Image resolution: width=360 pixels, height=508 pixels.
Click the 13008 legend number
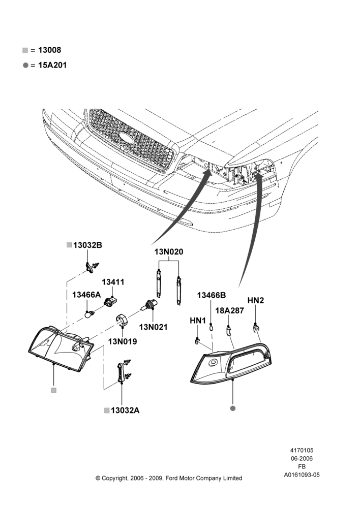point(50,50)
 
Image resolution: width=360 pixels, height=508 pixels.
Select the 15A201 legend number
point(52,65)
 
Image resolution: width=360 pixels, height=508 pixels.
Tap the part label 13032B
point(87,245)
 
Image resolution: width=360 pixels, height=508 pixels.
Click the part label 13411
point(113,282)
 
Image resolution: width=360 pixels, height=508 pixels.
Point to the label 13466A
point(86,295)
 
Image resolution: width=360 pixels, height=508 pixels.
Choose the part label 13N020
point(169,252)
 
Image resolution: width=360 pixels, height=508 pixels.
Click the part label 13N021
point(154,327)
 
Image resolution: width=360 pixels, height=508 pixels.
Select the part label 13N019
point(123,341)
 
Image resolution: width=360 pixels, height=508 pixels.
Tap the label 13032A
point(125,410)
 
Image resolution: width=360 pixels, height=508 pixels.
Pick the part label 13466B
point(212,295)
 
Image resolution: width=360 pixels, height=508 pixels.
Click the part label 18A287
point(230,310)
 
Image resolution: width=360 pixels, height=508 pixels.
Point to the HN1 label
point(198,321)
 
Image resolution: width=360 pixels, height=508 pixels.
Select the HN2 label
point(256,300)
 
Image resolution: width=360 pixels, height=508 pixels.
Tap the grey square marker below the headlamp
point(54,390)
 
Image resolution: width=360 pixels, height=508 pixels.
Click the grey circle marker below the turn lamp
point(232,408)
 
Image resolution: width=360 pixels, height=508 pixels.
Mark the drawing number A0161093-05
point(302,475)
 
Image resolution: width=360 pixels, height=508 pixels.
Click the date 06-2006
point(302,458)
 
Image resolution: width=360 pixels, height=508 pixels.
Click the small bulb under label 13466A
point(88,313)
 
